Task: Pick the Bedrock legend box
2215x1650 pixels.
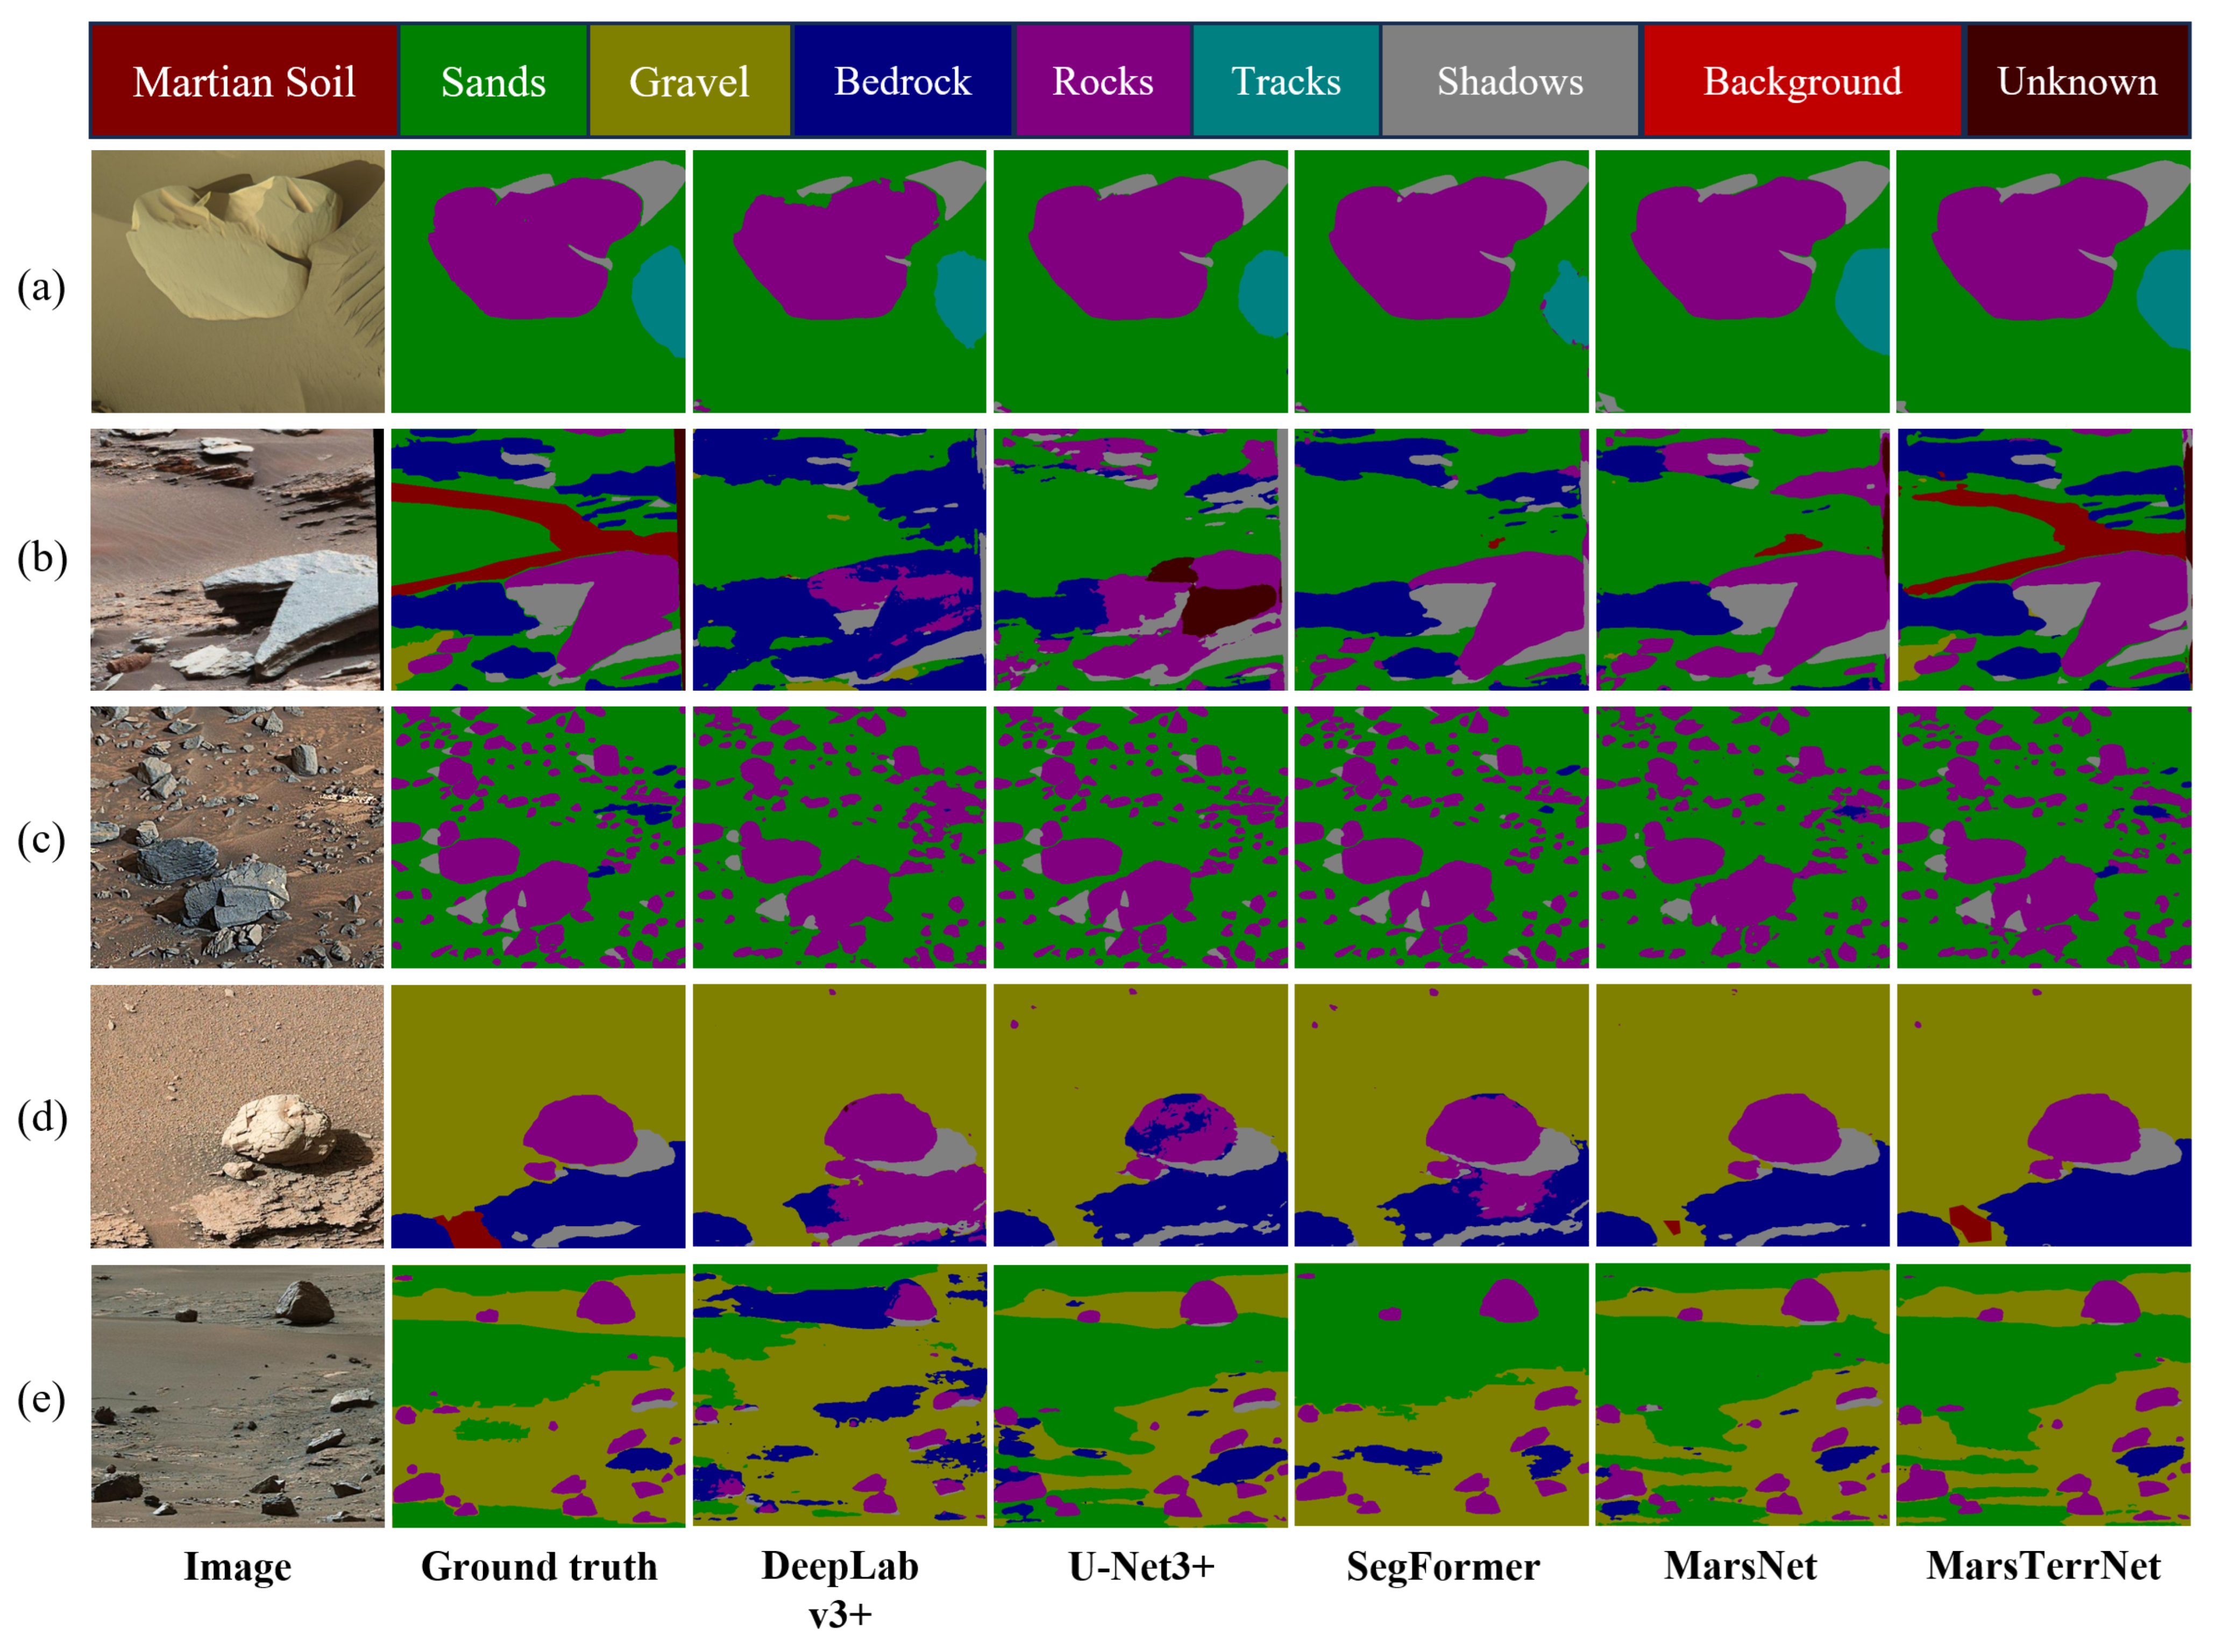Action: (902, 81)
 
